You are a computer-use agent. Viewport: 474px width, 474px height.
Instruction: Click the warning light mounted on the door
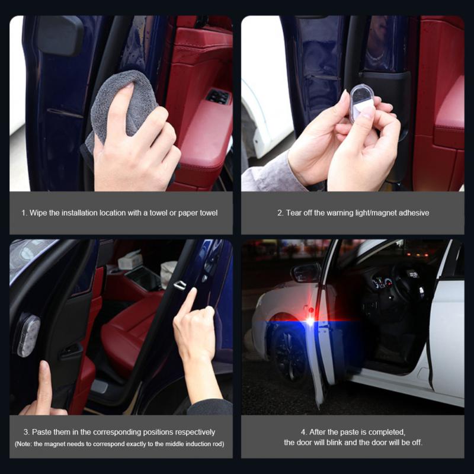pos(27,335)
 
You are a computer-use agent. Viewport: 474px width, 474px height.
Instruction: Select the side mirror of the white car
pos(306,273)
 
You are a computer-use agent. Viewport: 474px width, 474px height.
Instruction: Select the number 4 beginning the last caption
pos(303,432)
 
